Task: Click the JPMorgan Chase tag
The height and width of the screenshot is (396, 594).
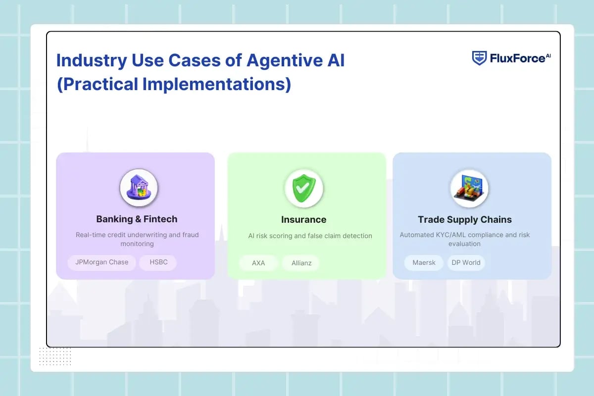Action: pos(102,262)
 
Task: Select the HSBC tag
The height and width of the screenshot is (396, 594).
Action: pos(158,262)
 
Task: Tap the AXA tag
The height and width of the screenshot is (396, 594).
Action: pos(258,263)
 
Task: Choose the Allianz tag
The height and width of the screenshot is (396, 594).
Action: pos(301,263)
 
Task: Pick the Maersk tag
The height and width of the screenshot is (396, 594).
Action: pos(424,262)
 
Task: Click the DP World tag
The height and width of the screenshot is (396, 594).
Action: pos(466,262)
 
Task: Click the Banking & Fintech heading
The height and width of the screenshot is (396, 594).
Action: pos(137,219)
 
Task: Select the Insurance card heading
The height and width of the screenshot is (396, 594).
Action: pos(303,219)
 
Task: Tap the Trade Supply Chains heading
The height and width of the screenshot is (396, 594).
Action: pos(464,219)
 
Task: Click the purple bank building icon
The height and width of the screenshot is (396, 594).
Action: pos(139,188)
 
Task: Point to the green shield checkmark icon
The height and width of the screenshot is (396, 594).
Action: pos(303,188)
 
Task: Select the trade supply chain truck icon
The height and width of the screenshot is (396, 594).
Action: pos(469,188)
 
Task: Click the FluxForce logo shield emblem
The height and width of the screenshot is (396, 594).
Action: pos(479,58)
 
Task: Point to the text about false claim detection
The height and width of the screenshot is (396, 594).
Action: pos(310,236)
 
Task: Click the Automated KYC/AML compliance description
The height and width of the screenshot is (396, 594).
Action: pos(464,239)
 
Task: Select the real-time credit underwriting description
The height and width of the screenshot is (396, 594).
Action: pos(137,239)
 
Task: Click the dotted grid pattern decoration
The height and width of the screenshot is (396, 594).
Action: pos(55,356)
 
